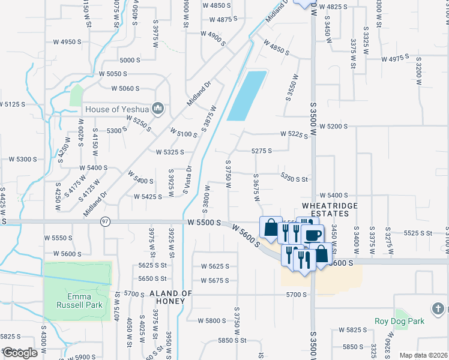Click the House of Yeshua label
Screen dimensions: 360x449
pyautogui.click(x=118, y=109)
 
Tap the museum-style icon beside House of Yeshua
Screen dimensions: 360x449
pyautogui.click(x=158, y=108)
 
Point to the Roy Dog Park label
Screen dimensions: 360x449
pyautogui.click(x=400, y=321)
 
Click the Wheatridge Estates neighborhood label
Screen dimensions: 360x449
pyautogui.click(x=325, y=209)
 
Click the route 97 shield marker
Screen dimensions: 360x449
pyautogui.click(x=106, y=221)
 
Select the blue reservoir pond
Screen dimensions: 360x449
pyautogui.click(x=247, y=95)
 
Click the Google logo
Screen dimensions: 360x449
pyautogui.click(x=19, y=353)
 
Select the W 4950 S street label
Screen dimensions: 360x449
pyautogui.click(x=67, y=42)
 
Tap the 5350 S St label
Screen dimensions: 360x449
pyautogui.click(x=294, y=179)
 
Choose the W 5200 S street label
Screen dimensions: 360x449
pyautogui.click(x=334, y=127)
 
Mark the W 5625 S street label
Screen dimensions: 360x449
pyautogui.click(x=215, y=266)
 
